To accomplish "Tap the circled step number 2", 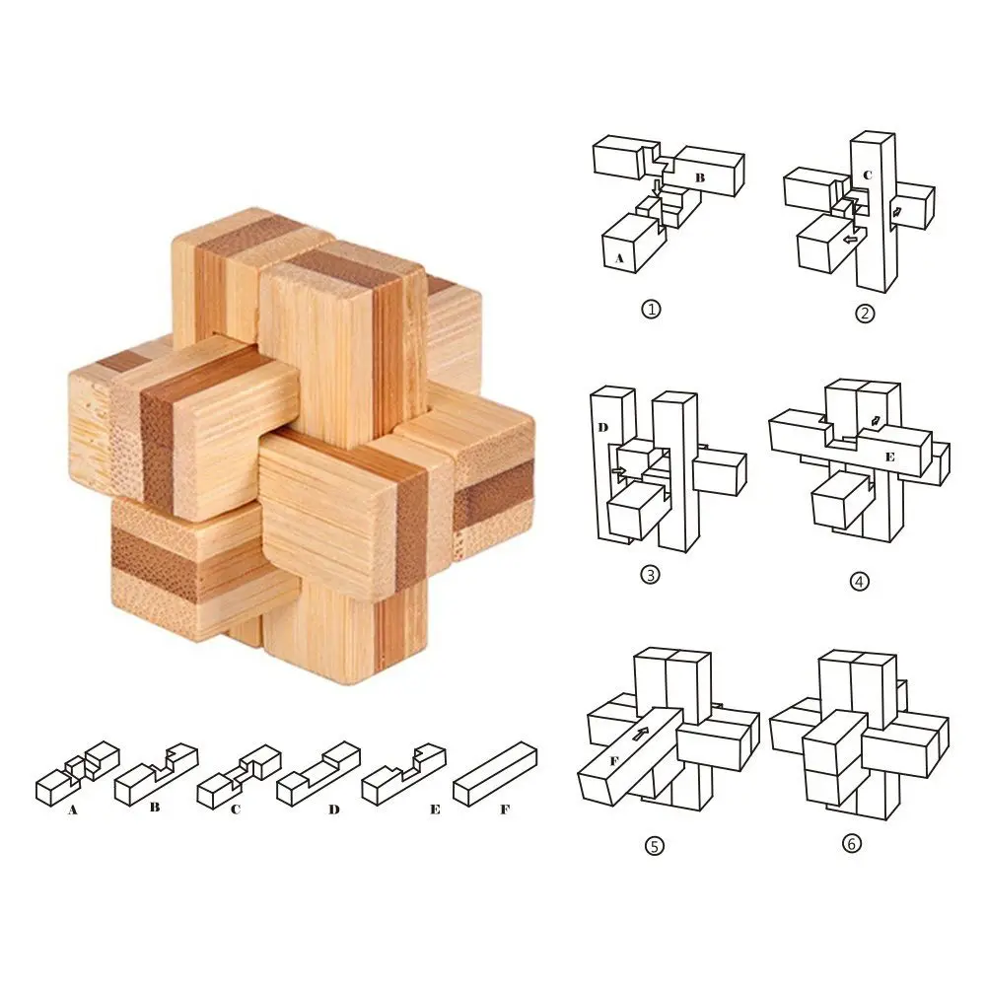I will [864, 314].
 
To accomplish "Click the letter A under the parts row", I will [73, 810].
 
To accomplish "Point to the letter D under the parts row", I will [333, 810].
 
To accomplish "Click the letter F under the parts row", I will [505, 810].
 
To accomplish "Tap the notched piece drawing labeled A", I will [77, 773].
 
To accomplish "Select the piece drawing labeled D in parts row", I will [317, 774].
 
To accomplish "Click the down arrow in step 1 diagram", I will [657, 186].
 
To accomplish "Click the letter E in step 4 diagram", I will [889, 457].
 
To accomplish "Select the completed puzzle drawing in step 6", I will [859, 735].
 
